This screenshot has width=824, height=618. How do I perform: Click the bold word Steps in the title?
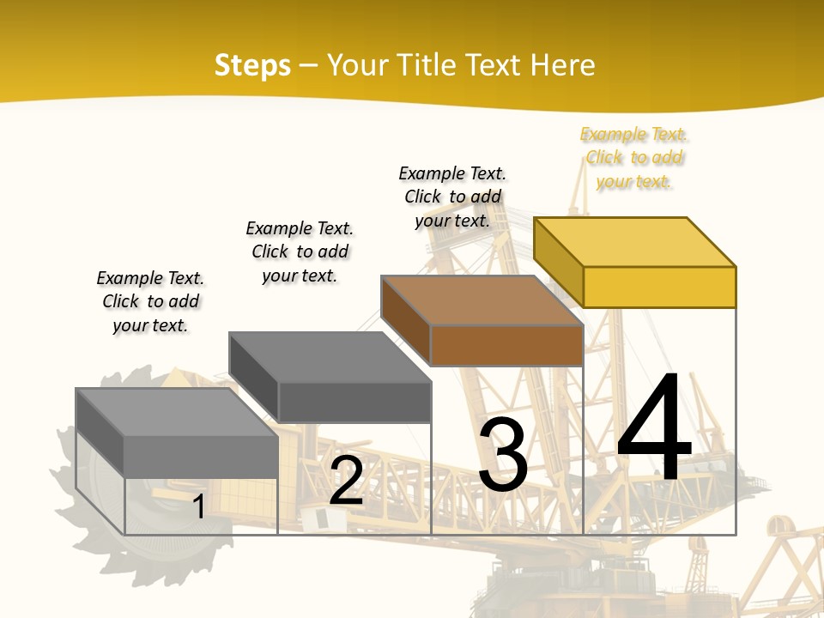[x=252, y=65]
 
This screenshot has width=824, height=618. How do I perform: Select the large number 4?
[x=654, y=429]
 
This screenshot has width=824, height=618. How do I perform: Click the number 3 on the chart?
[x=503, y=455]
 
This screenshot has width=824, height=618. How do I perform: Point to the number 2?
[x=347, y=481]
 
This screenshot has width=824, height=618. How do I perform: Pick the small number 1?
[x=198, y=506]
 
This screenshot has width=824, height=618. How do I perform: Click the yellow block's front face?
[x=659, y=287]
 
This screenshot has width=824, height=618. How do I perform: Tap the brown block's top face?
[x=481, y=300]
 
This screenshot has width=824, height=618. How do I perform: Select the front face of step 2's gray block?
[x=354, y=402]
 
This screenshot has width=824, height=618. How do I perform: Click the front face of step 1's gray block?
[x=201, y=456]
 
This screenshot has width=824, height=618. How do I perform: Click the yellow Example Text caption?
[x=634, y=158]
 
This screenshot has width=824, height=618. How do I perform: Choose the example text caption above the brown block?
[x=452, y=197]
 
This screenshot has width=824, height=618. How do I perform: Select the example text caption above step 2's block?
[x=300, y=251]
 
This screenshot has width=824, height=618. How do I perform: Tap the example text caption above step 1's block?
[x=150, y=301]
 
